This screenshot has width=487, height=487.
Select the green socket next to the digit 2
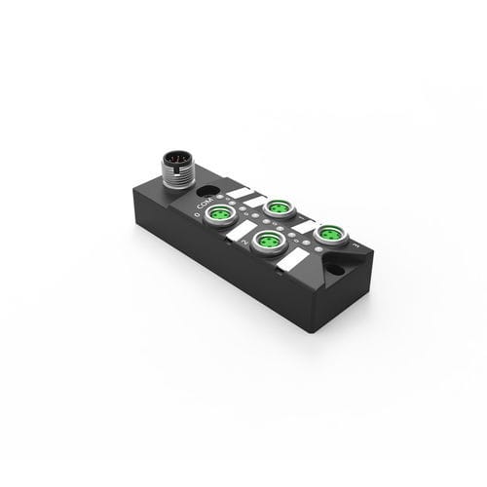pyautogui.click(x=264, y=239)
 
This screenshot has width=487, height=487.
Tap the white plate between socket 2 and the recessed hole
pyautogui.click(x=292, y=264)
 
